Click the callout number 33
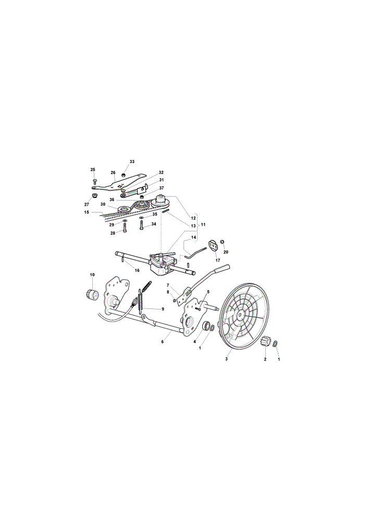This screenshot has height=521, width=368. [x=132, y=162]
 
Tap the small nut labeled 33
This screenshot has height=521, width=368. [x=124, y=175]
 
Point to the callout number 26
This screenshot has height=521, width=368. [x=113, y=172]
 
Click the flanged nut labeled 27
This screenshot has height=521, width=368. [x=94, y=195]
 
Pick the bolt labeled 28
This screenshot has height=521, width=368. [x=125, y=227]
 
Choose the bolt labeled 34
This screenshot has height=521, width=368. [x=141, y=225]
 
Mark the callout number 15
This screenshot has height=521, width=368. [x=87, y=212]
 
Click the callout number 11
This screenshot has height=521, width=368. [x=203, y=225]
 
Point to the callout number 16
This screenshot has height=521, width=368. [x=137, y=270]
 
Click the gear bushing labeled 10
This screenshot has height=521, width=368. [x=91, y=294]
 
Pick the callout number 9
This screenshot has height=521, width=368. [x=163, y=309]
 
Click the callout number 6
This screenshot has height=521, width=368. [x=163, y=342]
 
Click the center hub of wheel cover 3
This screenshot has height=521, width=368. [x=240, y=314]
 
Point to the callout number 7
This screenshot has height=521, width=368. [x=168, y=285]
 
